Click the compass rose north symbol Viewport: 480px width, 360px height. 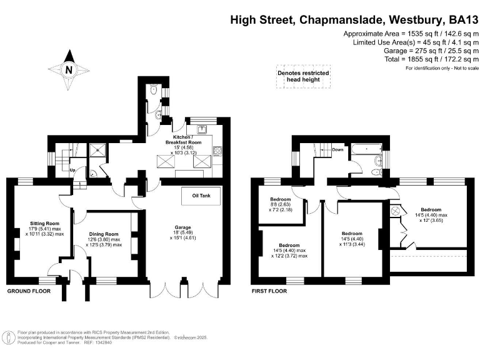68,69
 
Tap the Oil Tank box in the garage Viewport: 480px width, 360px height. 201,196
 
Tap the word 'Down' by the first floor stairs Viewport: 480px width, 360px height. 337,150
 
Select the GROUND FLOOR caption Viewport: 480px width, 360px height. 29,291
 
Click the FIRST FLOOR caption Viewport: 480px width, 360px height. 269,291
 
